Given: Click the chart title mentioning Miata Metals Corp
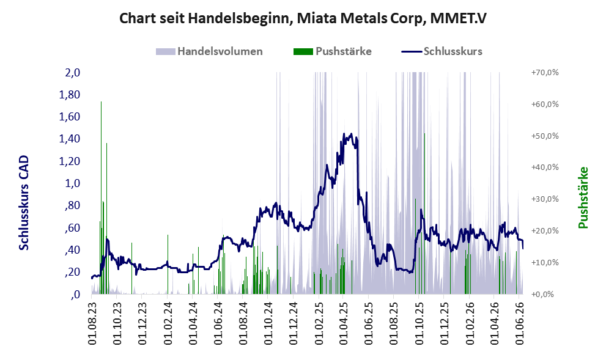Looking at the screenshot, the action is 303,18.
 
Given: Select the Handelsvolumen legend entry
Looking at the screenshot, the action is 209,51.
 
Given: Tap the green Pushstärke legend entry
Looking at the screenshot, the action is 333,51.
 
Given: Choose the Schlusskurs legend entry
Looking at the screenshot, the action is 442,51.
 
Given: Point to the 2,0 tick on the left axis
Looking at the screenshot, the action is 72,73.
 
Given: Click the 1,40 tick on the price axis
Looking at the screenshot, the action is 69,139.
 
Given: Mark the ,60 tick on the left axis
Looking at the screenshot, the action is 72,228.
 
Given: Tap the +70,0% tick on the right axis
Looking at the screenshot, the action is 545,73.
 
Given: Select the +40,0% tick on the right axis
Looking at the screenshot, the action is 545,167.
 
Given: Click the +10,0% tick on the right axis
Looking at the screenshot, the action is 545,263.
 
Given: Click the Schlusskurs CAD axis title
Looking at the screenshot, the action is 24,203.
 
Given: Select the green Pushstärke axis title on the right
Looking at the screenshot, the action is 583,198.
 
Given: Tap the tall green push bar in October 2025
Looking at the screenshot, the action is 424,213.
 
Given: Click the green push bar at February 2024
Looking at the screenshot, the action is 168,265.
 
